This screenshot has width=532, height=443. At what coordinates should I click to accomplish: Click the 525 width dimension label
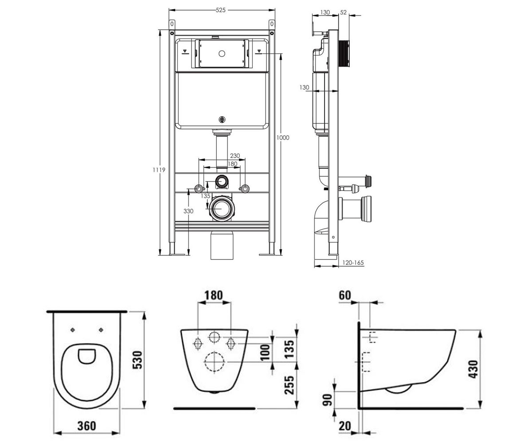(221, 10)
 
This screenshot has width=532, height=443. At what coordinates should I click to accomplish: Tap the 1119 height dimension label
(159, 170)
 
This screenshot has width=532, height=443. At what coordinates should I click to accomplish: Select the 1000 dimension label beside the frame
(283, 138)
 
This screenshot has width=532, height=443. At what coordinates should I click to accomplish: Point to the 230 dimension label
(235, 155)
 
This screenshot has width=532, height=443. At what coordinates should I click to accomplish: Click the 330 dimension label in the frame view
(188, 211)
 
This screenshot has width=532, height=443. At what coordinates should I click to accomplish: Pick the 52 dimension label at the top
(344, 12)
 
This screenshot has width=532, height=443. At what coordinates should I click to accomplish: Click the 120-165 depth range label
(353, 263)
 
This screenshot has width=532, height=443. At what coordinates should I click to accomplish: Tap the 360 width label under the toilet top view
(86, 426)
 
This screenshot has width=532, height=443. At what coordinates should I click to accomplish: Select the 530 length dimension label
(138, 360)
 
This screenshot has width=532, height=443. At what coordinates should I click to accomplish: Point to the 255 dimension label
(289, 385)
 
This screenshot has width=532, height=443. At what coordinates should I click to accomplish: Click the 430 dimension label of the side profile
(473, 369)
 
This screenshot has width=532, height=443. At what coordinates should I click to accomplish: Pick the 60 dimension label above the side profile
(345, 295)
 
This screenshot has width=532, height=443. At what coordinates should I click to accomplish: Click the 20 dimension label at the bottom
(345, 426)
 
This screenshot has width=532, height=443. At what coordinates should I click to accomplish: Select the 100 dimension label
(265, 352)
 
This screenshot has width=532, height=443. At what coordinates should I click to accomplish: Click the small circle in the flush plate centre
(222, 54)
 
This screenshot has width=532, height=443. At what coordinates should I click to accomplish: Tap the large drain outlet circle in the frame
(221, 208)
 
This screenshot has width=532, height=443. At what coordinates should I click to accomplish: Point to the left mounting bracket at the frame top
(172, 24)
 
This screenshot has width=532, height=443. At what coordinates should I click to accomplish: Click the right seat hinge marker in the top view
(101, 330)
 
